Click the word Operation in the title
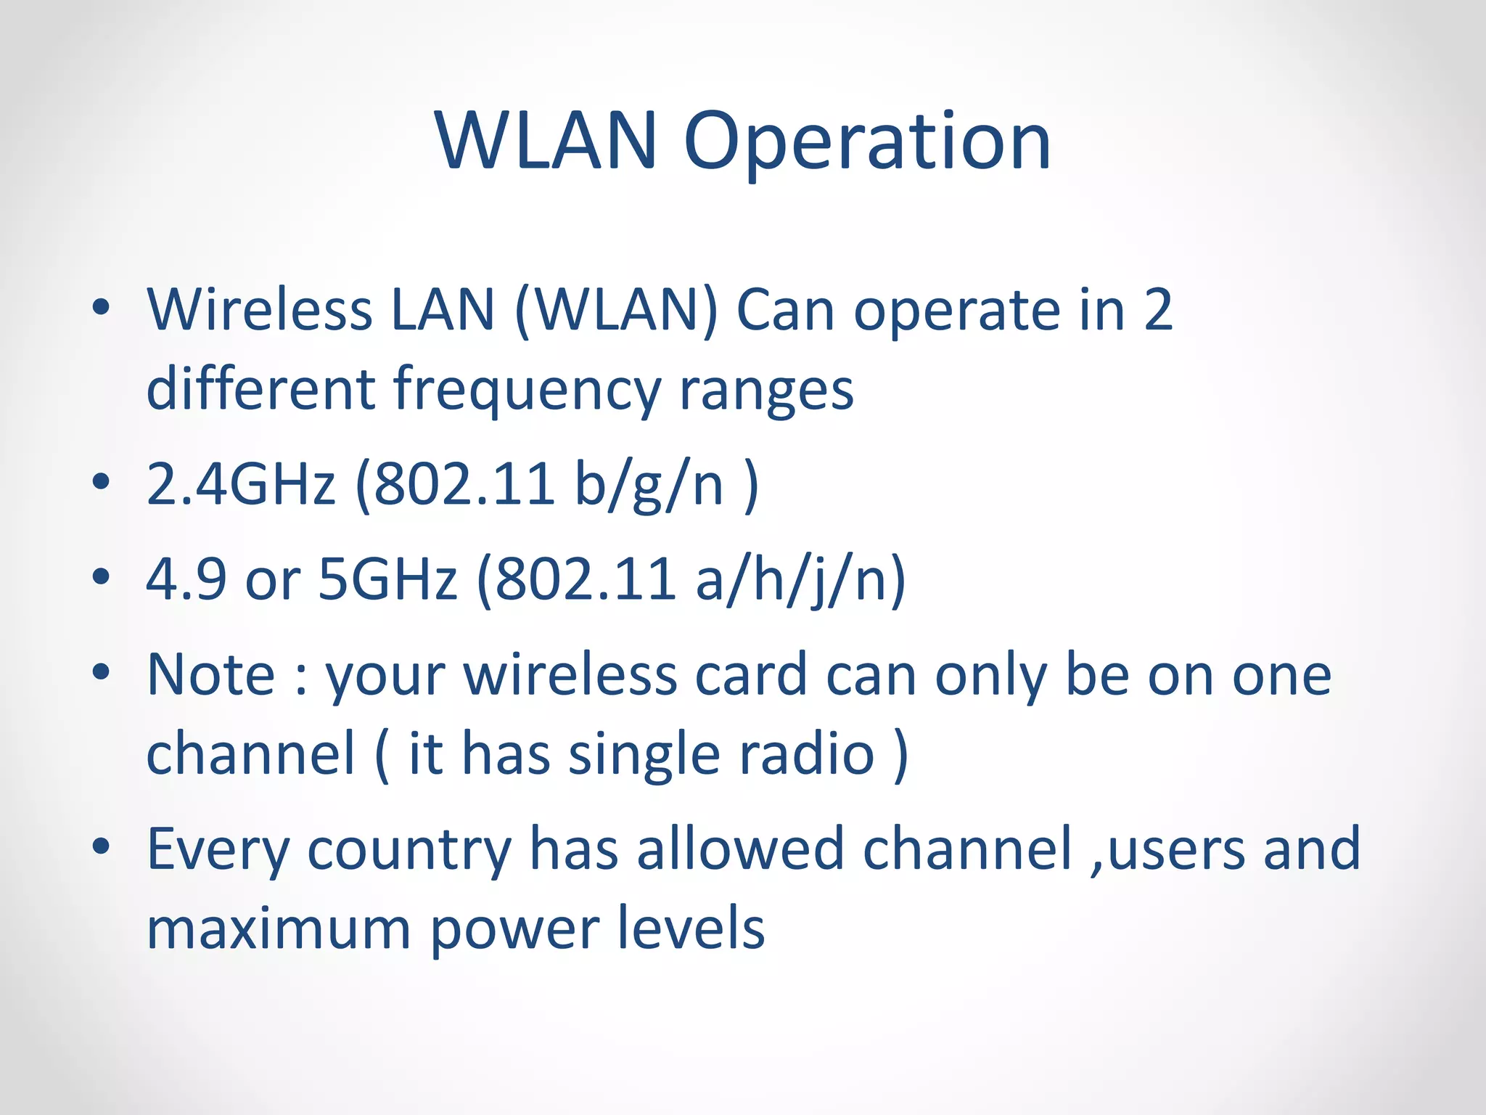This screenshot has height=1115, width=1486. click(x=867, y=144)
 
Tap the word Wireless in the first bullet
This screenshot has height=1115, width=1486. click(x=259, y=310)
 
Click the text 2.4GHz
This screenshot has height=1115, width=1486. click(x=241, y=484)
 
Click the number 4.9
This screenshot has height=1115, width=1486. click(x=186, y=579)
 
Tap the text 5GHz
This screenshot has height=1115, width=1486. click(x=388, y=579)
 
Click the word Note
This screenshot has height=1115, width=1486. click(x=211, y=675)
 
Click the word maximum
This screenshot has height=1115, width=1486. click(x=279, y=930)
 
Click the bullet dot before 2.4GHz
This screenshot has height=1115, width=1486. click(x=102, y=482)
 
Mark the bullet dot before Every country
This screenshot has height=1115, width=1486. click(x=102, y=846)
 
